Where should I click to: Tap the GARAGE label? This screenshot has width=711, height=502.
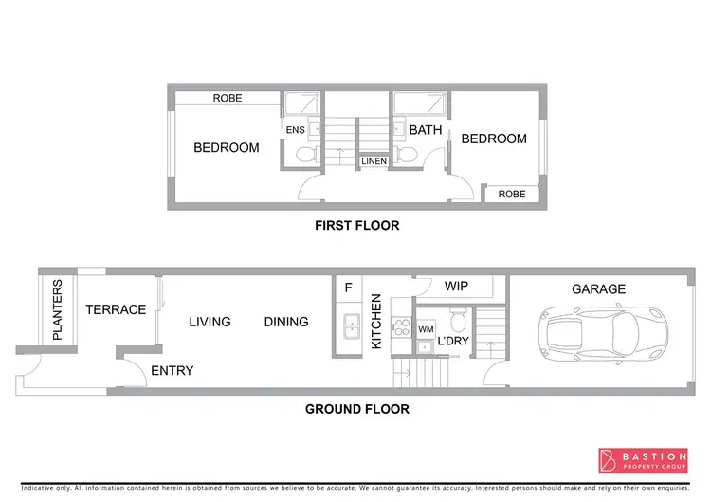click(598, 289)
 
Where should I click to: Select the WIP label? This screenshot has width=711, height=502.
click(457, 286)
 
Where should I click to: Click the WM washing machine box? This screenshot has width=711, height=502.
click(426, 330)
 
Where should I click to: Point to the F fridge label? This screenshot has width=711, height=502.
click(348, 287)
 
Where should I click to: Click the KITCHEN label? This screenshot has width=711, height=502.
click(376, 321)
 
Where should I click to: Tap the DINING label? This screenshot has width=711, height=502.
click(286, 322)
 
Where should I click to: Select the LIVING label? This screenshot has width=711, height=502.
click(210, 322)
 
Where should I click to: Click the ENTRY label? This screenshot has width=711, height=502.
click(172, 370)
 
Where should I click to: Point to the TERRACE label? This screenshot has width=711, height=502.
click(116, 309)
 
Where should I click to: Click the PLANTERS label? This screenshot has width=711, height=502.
click(57, 309)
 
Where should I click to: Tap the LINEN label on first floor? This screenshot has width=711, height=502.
click(373, 162)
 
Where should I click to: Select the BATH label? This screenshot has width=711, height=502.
click(426, 130)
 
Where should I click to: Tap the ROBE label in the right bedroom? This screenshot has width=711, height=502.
click(512, 194)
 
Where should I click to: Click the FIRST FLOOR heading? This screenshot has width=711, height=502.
click(356, 226)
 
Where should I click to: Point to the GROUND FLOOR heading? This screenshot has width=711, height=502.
click(356, 409)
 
